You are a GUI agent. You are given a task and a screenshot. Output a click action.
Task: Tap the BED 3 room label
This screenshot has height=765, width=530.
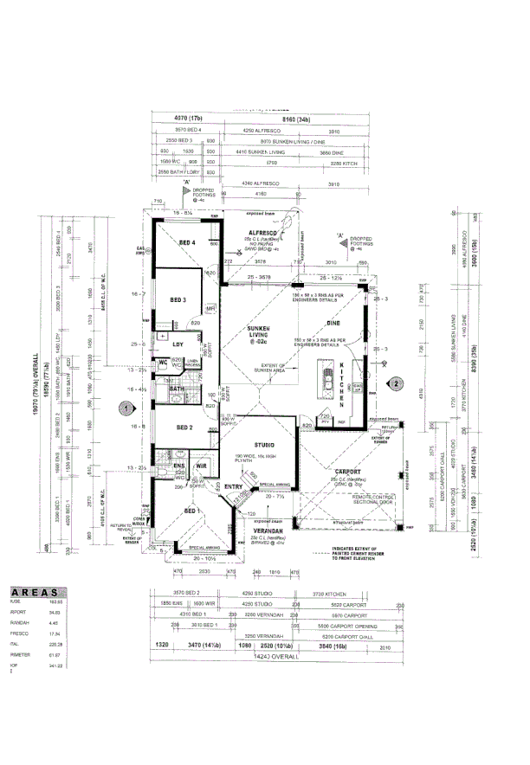pyautogui.click(x=178, y=299)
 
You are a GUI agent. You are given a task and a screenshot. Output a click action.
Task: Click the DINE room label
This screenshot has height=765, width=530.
pyautogui.click(x=333, y=324)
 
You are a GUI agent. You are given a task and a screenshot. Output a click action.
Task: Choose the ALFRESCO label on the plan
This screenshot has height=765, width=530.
pyautogui.click(x=262, y=234)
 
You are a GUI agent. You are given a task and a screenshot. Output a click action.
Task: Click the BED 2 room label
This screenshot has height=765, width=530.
pyautogui.click(x=184, y=427)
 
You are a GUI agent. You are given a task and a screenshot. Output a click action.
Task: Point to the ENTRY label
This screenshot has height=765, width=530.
pyautogui.click(x=233, y=487)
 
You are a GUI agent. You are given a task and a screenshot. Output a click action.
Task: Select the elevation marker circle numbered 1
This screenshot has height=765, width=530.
pyautogui.click(x=126, y=405)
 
